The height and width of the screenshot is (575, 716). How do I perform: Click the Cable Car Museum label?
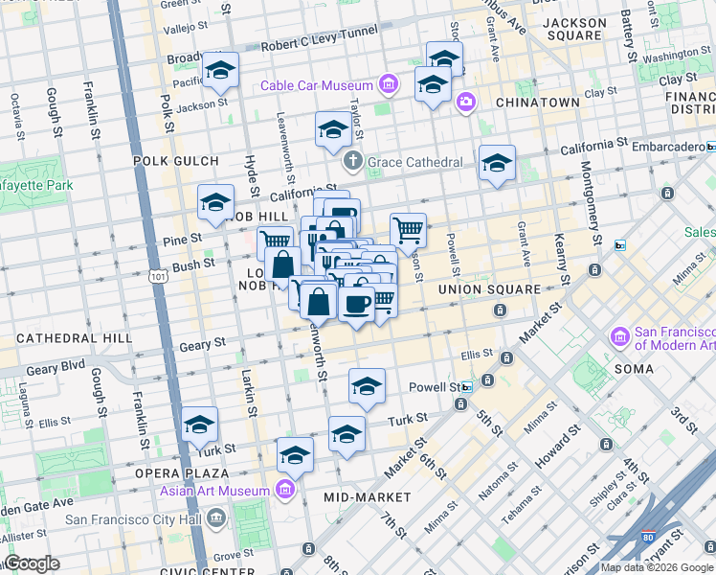[x=319, y=86]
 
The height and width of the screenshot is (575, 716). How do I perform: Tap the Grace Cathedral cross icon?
[x=353, y=160]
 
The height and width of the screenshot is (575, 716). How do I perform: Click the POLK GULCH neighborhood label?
[x=171, y=161]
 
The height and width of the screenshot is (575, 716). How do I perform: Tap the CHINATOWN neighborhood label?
[x=537, y=103]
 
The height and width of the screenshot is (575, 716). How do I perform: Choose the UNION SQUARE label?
[x=483, y=288]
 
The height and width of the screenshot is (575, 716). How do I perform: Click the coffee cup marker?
[x=357, y=305]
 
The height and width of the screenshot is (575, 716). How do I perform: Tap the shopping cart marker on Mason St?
[x=409, y=230]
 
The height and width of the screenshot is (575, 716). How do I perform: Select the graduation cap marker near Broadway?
[x=221, y=70]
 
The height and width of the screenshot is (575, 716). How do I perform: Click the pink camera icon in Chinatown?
[x=466, y=102]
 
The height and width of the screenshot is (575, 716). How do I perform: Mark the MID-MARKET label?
[x=368, y=497]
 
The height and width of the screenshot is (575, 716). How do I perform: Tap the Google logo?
[x=32, y=563]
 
